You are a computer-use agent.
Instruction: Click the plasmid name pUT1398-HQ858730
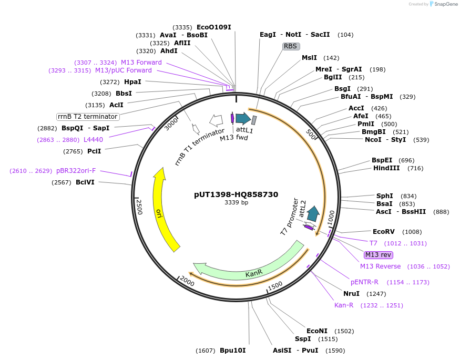(x=236, y=194)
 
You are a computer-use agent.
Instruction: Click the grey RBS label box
(x=291, y=46)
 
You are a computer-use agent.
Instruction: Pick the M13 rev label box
(x=379, y=255)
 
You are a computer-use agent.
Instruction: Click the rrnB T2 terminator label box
(x=88, y=116)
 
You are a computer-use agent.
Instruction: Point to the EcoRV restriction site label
(x=383, y=231)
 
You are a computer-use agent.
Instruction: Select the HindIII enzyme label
(x=386, y=168)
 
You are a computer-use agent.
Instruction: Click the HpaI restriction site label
(x=132, y=82)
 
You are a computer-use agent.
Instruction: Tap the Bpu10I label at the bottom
(x=232, y=350)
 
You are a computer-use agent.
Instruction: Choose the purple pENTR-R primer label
(x=364, y=282)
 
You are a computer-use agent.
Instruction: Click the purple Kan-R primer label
(x=344, y=305)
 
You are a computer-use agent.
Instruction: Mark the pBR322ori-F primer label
(x=76, y=171)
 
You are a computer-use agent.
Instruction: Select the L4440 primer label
(x=93, y=139)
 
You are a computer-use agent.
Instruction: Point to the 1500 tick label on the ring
(x=275, y=286)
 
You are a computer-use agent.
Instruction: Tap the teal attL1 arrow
(x=243, y=119)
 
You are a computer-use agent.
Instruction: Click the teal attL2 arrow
(x=313, y=213)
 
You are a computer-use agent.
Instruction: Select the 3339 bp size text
(x=236, y=202)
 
